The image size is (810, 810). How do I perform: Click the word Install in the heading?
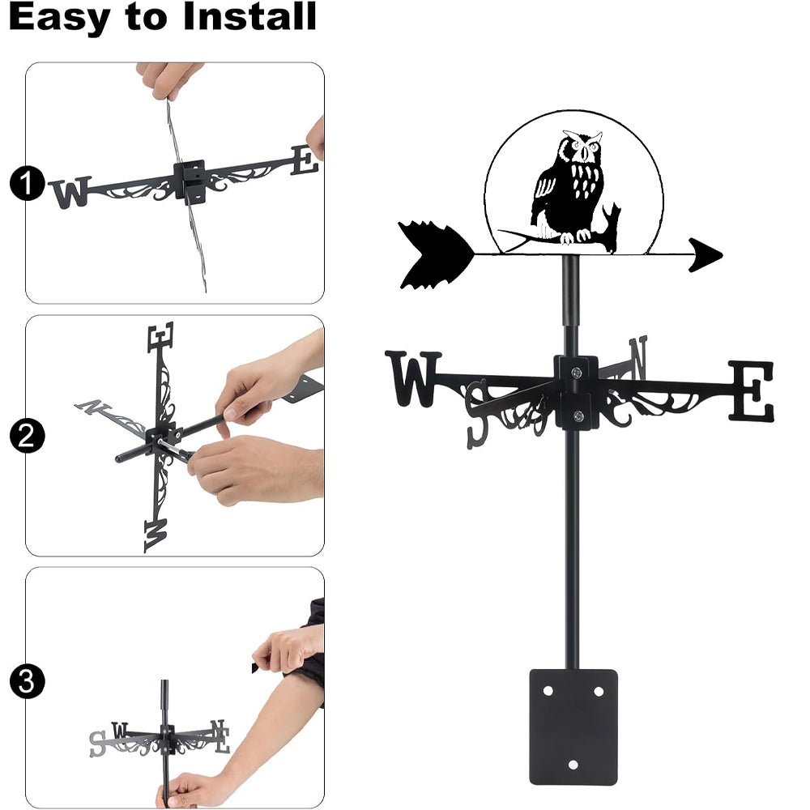point(249,16)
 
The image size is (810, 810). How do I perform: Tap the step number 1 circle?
point(27,183)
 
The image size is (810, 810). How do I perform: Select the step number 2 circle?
point(27,437)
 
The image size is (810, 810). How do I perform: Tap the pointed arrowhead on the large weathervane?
point(706,254)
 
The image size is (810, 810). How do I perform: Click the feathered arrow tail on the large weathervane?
point(436,254)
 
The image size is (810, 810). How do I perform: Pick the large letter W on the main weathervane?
point(413,378)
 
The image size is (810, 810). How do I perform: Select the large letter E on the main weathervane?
point(752,390)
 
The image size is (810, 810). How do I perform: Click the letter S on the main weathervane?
point(478,413)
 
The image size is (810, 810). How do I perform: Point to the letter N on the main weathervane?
point(638,356)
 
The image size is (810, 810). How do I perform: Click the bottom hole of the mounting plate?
point(573,765)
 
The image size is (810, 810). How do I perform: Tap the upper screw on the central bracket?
point(577,372)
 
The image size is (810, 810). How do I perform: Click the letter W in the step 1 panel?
point(71,192)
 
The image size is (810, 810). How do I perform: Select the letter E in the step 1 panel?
point(305,160)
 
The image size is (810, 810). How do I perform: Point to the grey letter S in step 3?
point(97,744)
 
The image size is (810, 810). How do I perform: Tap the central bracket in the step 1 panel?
point(190,181)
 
